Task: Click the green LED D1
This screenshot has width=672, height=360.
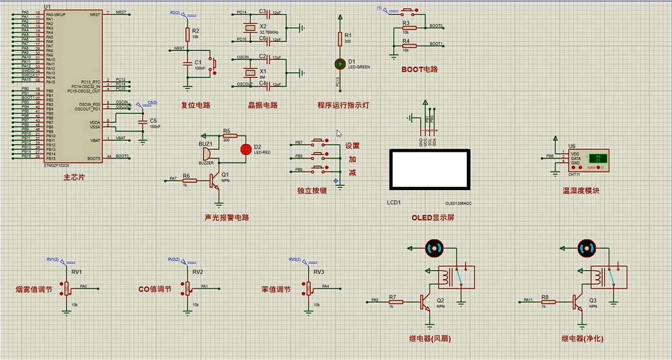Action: [x=339, y=63]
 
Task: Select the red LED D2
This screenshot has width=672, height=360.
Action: [x=245, y=149]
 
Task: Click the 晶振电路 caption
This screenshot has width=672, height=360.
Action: [x=262, y=105]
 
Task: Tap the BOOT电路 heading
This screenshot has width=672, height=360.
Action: [x=419, y=69]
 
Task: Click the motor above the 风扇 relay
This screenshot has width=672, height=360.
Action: [x=433, y=248]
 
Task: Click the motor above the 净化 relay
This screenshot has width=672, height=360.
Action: [x=586, y=248]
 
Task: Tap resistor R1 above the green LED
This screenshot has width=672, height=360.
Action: [x=339, y=39]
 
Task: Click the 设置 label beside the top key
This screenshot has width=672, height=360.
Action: [x=352, y=146]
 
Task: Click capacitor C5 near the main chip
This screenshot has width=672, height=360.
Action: [x=142, y=122]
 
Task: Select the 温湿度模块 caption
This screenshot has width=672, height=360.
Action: [x=581, y=191]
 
